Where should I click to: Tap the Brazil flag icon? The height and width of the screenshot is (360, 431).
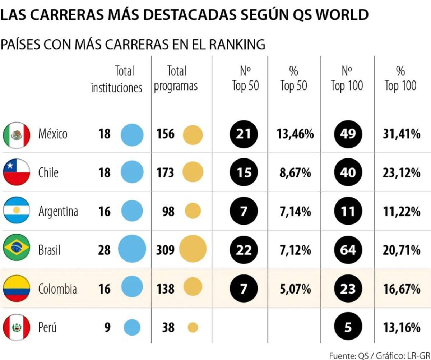click(16, 249)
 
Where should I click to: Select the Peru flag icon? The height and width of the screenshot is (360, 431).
click(16, 327)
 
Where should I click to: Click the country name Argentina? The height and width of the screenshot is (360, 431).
click(58, 212)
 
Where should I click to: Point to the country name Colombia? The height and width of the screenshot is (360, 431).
click(57, 289)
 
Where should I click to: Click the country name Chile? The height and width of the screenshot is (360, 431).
click(48, 173)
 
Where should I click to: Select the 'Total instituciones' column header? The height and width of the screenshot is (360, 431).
click(117, 79)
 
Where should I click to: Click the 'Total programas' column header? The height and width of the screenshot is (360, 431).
click(176, 79)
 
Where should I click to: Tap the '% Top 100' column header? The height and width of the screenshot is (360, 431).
click(400, 79)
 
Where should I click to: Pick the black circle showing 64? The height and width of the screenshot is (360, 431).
click(347, 250)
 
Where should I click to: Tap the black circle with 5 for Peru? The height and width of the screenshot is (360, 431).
click(347, 327)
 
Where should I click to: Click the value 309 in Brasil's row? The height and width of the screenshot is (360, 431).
click(165, 250)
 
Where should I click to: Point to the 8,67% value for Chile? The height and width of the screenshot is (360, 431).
click(295, 173)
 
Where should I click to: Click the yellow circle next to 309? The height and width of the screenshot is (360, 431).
click(193, 249)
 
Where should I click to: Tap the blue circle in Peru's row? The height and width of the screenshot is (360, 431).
click(132, 327)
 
